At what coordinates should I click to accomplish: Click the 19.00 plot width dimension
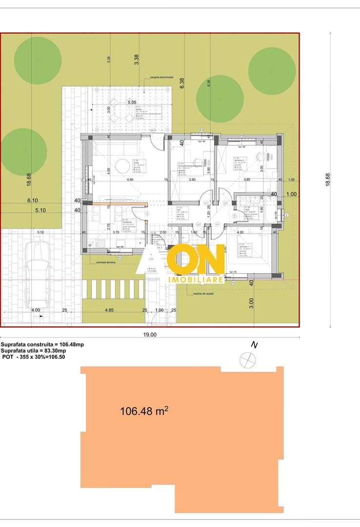coord(150,335)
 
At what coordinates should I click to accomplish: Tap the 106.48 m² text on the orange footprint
coord(144,411)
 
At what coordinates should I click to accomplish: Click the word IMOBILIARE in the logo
coord(196,280)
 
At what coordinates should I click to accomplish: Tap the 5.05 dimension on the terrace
coord(132,102)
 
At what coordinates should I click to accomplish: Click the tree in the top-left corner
coord(38,60)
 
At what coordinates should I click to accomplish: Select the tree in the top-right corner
coord(272,71)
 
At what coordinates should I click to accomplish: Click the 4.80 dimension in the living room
coord(130,180)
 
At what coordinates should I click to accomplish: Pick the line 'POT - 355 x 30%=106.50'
coord(33,357)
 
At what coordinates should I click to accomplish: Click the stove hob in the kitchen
coord(100,244)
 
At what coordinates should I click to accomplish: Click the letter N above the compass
coord(254,345)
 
